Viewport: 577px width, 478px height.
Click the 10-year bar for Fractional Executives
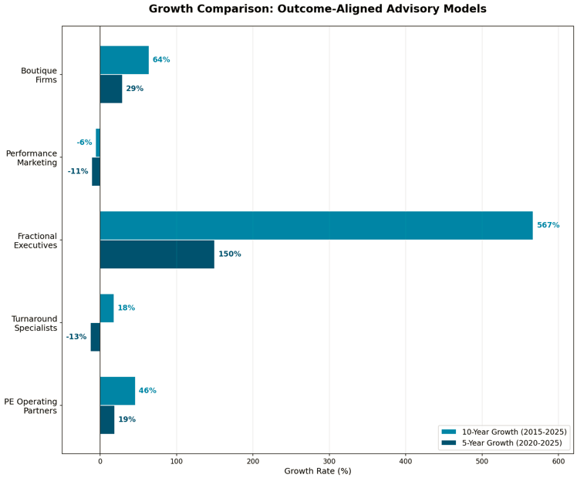pos(316,225)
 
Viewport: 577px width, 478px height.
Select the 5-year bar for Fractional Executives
pos(157,254)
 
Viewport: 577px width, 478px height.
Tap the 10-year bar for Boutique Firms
pos(124,60)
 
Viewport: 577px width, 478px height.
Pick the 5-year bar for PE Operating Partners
pos(107,419)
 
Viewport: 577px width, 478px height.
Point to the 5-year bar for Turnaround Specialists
pos(96,337)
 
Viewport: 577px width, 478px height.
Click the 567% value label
pos(548,225)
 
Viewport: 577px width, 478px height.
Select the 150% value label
pos(229,254)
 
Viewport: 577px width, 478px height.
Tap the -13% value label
pos(76,337)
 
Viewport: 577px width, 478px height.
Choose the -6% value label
pos(84,143)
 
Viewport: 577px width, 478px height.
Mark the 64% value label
pos(161,60)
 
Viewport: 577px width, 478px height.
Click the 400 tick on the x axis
pos(406,461)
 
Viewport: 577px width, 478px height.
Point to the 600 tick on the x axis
pos(558,461)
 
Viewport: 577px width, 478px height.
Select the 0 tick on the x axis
pos(100,461)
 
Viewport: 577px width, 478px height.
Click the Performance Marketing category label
pos(32,158)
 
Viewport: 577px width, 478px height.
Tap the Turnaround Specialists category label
pos(35,323)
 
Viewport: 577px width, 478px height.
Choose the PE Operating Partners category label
pos(31,406)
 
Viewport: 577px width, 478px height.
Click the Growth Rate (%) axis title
pos(317,471)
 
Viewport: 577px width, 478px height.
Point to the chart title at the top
pos(317,9)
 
